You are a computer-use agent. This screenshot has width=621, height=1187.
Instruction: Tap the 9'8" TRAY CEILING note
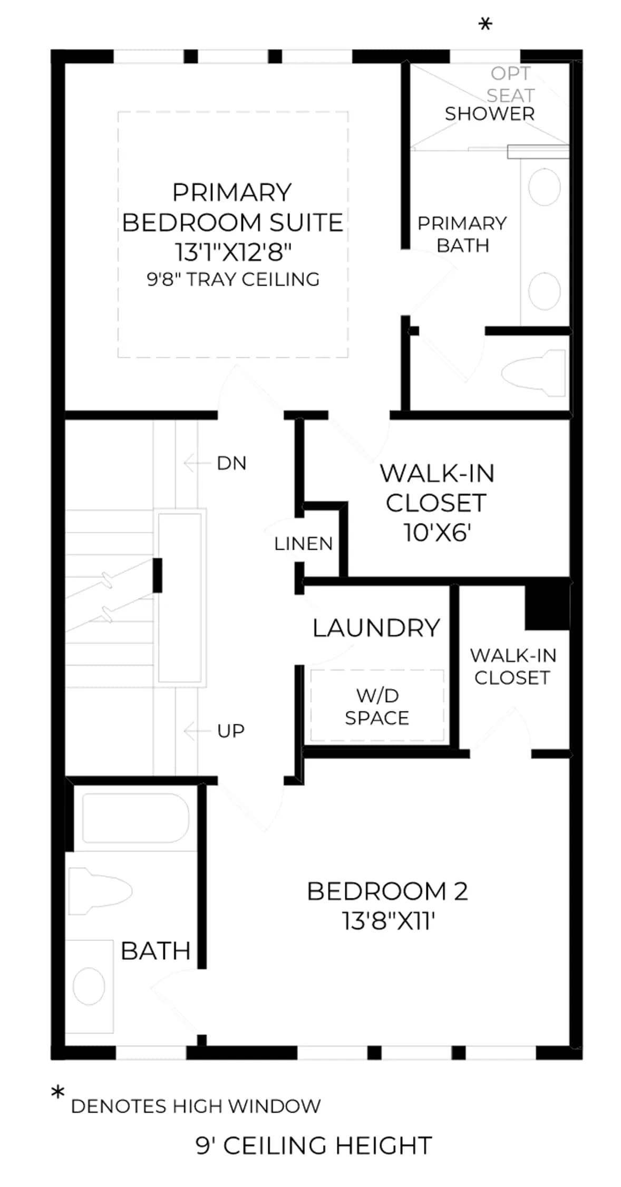[x=233, y=279]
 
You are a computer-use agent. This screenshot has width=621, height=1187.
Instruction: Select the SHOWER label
[x=490, y=113]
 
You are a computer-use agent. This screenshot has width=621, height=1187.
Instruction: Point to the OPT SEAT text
[x=510, y=84]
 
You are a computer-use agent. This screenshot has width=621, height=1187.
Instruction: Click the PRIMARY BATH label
[x=462, y=234]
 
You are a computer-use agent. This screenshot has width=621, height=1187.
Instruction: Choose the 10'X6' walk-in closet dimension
[x=437, y=533]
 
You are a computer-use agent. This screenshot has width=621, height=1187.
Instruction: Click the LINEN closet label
[x=304, y=543]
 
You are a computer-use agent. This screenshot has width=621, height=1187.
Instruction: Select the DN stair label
[x=231, y=463]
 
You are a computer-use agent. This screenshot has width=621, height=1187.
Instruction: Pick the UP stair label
[x=231, y=731]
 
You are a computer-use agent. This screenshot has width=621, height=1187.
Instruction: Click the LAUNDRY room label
[x=376, y=628]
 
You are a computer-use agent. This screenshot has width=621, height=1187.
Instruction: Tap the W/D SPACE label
[x=377, y=707]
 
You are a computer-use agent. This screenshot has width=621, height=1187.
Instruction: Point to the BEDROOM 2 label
[x=387, y=891]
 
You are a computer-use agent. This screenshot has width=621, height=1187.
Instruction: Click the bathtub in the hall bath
[x=135, y=817]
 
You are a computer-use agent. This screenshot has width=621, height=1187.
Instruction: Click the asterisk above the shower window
[x=485, y=24]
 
